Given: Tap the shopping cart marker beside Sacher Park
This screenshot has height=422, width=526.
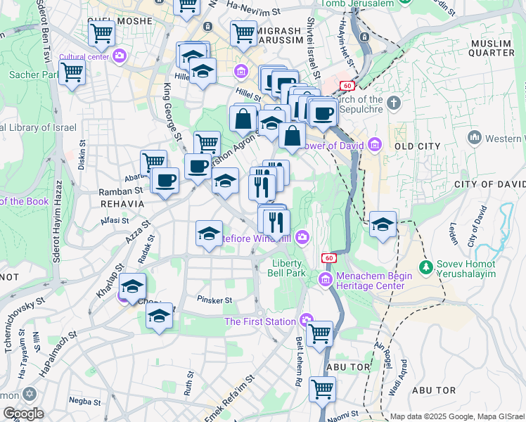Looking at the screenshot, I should click(72, 72).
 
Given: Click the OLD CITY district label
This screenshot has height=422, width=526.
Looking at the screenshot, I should click(417, 146).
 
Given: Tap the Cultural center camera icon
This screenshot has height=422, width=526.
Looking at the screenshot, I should click(119, 55).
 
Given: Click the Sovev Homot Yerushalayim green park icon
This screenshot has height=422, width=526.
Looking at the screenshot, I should click(425, 267).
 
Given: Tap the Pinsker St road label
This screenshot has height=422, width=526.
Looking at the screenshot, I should click(214, 300).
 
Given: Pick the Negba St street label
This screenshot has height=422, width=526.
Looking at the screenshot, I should click(85, 400).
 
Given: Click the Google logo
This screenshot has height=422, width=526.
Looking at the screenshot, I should click(23, 414).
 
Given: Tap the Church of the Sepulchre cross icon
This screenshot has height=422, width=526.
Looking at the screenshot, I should click(393, 103).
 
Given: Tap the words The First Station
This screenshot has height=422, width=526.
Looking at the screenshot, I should click(260, 321).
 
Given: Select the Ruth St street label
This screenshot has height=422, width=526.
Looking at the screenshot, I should click(188, 383).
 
